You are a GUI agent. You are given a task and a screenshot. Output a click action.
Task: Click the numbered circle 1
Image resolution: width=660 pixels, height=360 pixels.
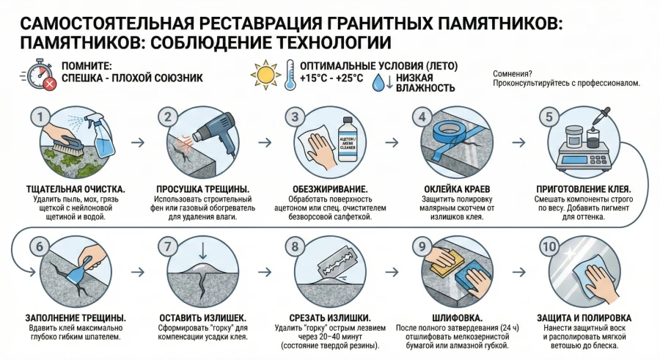pos(41,116)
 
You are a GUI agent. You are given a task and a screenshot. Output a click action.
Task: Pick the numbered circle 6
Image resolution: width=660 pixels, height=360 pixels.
pos(40,246)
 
